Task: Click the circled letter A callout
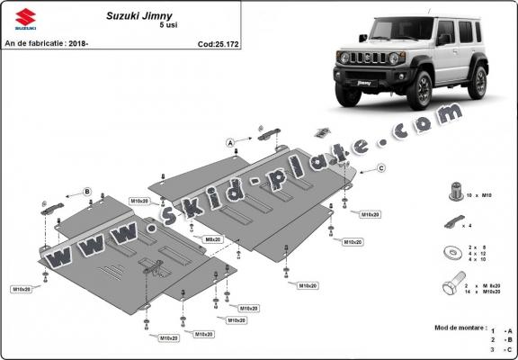click(x=230, y=143)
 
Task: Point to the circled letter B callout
click(x=87, y=192)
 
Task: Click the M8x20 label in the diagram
click(x=213, y=239)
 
